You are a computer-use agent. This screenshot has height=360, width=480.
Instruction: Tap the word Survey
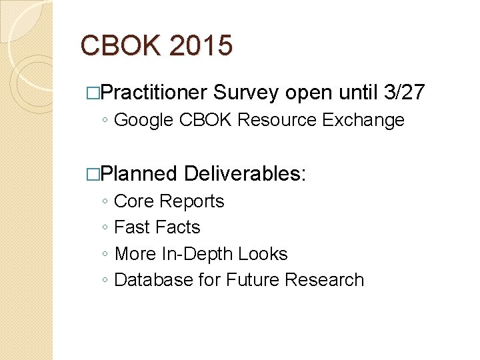pos(247,93)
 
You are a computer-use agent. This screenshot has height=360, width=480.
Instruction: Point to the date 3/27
pos(405,93)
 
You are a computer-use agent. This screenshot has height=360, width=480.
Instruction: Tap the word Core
pos(135,201)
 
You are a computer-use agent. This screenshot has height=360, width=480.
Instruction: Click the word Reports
pos(192,201)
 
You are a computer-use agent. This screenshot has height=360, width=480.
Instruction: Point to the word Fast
pos(132,227)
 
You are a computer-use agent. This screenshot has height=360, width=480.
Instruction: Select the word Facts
pos(178,227)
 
